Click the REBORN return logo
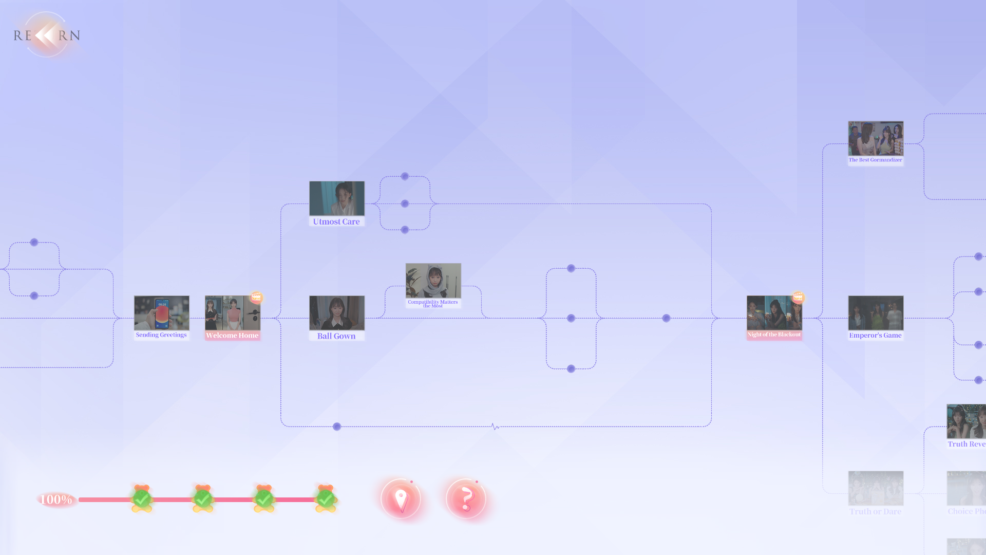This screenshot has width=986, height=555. pos(47,35)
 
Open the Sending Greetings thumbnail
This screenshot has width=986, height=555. pos(161,313)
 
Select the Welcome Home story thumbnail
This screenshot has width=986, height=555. pos(232,313)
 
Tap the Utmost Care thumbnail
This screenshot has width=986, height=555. pos(336,198)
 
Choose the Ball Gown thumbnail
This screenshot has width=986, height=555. pos(336,313)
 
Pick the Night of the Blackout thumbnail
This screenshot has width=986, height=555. pos(774,313)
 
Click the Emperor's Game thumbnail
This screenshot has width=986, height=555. pos(876,313)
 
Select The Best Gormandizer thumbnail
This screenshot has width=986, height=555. pos(876,139)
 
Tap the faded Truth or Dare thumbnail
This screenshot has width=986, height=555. pos(876,488)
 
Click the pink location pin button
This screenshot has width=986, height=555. pos(401,498)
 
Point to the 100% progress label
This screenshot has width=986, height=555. pos(56,499)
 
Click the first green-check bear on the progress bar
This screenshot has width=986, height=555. pos(142,498)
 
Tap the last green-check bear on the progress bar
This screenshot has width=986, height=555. pos(326,498)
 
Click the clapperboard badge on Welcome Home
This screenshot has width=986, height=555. pos(256,297)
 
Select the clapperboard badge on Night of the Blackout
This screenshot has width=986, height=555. pos(798,297)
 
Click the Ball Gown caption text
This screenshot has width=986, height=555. pos(336,336)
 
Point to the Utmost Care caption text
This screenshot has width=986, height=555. pos(336,222)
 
